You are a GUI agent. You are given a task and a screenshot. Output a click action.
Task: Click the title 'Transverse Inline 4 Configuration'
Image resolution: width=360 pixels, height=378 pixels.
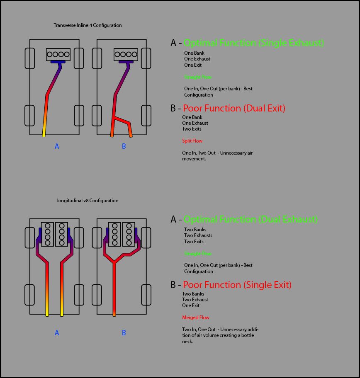coord(88,25)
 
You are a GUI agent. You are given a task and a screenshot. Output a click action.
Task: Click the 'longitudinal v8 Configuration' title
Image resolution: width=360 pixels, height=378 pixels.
coord(88,201)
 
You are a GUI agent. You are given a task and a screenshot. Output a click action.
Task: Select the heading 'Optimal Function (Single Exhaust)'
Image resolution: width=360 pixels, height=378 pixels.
coord(253,43)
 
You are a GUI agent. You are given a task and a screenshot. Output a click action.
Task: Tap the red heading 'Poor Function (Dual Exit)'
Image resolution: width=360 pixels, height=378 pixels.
coord(234,108)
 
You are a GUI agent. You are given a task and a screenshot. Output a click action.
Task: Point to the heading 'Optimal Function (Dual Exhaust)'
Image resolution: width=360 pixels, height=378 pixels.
coord(251,219)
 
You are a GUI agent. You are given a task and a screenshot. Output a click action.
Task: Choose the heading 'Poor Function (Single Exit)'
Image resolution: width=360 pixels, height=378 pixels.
coord(237,285)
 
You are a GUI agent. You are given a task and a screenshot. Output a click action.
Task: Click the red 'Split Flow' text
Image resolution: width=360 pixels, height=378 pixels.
coord(192,141)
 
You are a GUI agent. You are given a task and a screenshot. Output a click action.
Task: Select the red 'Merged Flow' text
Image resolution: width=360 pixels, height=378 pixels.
coord(196,317)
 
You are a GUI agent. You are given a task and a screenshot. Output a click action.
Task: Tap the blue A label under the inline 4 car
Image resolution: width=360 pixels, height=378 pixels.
coord(57,146)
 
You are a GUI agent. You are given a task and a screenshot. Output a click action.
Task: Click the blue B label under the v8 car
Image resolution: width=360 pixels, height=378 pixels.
coord(124,333)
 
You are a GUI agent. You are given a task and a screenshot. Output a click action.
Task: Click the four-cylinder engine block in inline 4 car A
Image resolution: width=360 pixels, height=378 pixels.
coord(58,54)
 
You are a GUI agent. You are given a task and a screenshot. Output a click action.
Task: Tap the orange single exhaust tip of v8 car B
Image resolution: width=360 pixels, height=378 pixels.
coord(114,314)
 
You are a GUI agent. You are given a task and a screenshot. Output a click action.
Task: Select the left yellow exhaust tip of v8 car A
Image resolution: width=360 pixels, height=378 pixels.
coord(47,314)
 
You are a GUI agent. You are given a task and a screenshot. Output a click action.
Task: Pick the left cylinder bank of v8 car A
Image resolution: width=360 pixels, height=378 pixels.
coord(48,234)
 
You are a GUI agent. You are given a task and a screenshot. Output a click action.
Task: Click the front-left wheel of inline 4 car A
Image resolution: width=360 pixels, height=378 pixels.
coord(29,58)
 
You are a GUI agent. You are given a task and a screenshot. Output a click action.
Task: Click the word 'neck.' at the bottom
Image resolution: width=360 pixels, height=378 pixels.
coord(188,342)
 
